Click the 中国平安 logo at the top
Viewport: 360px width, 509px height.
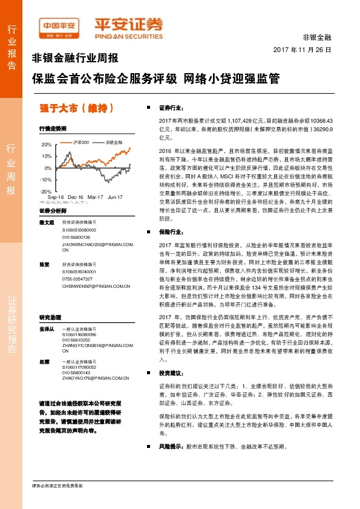pyautogui.click(x=59, y=26)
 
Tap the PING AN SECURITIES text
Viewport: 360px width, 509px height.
pyautogui.click(x=129, y=34)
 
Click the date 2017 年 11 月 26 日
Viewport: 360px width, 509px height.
pyautogui.click(x=302, y=50)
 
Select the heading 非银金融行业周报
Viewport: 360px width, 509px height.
pyautogui.click(x=75, y=59)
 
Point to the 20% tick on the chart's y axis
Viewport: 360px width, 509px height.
pyautogui.click(x=47, y=145)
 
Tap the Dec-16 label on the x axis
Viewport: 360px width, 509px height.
pyautogui.click(x=76, y=197)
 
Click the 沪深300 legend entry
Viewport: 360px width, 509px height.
pyautogui.click(x=81, y=142)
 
